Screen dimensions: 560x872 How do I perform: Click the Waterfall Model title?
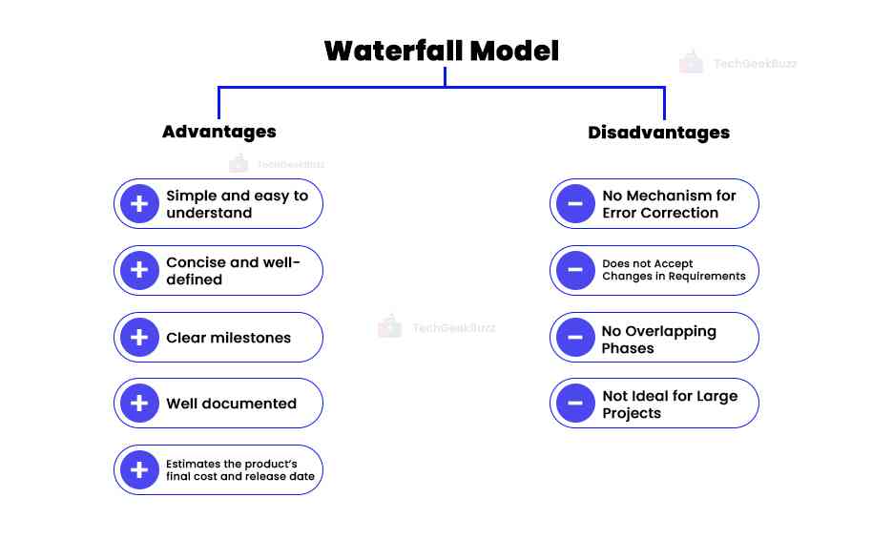click(441, 51)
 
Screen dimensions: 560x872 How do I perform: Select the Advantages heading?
click(218, 132)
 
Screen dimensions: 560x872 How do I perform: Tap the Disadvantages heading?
click(658, 133)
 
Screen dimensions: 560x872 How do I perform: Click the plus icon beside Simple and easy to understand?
click(139, 203)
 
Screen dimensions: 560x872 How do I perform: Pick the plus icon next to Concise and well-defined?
click(139, 270)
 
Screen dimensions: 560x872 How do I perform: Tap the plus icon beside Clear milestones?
click(139, 337)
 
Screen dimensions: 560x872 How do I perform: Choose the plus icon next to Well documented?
click(139, 404)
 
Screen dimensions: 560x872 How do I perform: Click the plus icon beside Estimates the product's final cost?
click(139, 469)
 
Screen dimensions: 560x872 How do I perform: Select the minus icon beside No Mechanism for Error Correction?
click(575, 203)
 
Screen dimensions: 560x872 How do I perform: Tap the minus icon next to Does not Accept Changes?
click(575, 270)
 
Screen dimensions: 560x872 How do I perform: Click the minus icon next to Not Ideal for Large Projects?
click(575, 404)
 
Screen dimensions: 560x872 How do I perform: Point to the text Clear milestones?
click(228, 338)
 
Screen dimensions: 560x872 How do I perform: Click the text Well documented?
click(231, 404)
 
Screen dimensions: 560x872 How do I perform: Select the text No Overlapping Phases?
click(658, 339)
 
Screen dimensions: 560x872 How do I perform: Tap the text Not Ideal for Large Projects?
click(670, 404)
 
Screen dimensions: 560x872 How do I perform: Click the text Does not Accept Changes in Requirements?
click(674, 270)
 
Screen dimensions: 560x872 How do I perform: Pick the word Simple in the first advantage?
click(191, 196)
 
